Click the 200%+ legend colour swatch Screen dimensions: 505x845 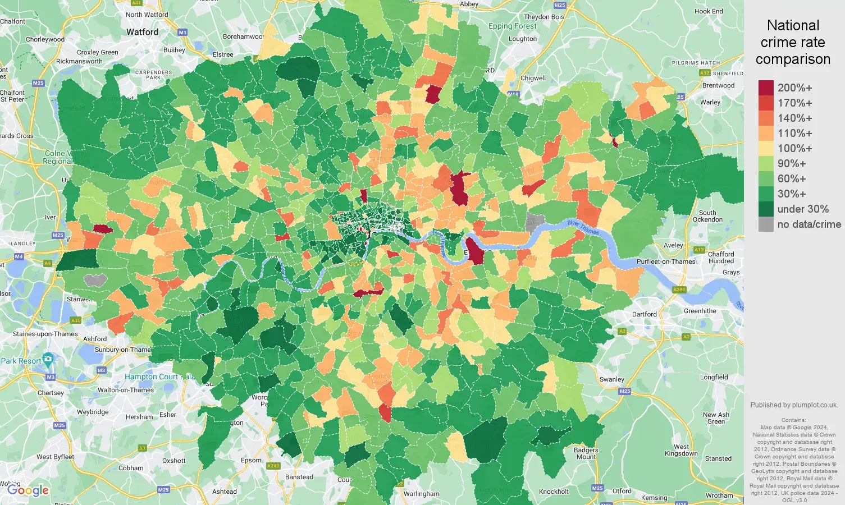766,88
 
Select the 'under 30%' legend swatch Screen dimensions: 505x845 766,209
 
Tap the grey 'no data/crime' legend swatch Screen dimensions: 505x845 766,224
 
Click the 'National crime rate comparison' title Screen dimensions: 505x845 793,42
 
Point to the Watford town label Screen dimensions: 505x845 142,32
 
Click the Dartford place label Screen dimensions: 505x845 644,314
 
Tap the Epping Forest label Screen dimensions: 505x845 512,26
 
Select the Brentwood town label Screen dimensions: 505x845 718,85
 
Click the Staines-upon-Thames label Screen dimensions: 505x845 45,334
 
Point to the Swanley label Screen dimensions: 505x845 611,379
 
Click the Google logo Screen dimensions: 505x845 28,490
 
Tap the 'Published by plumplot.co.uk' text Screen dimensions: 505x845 794,405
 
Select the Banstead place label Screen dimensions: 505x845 299,477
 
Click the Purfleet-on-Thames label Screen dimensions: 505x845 666,261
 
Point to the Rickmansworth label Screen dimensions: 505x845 79,61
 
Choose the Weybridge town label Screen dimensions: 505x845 93,412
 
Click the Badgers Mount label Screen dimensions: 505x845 586,453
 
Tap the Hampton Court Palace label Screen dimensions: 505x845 159,377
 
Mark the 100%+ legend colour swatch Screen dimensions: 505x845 766,148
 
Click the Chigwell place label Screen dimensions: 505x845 533,78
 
